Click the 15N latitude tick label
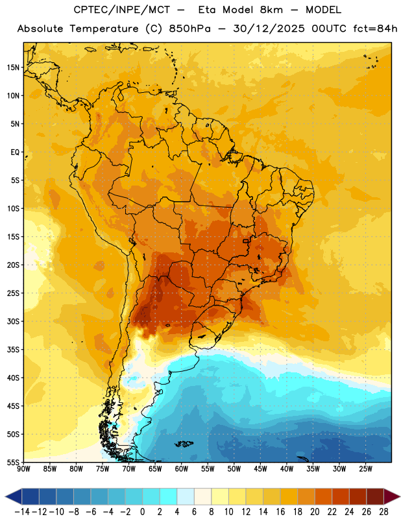tap(12, 67)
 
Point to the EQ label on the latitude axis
tap(15, 152)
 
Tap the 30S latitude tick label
tap(12, 321)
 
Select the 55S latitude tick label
tap(12, 463)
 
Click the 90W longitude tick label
tap(23, 468)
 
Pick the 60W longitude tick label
tap(182, 468)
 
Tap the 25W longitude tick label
tap(365, 468)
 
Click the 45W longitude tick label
tap(260, 468)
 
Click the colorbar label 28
tap(383, 512)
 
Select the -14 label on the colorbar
tap(22, 512)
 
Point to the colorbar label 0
tap(142, 512)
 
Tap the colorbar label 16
tap(280, 512)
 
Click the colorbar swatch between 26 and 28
tap(375, 496)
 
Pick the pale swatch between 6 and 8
tap(202, 496)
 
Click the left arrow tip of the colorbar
tap(5, 496)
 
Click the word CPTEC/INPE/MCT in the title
tap(121, 10)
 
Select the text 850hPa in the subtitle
tap(189, 29)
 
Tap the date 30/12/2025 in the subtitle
tap(269, 29)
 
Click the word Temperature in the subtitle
tap(104, 29)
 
